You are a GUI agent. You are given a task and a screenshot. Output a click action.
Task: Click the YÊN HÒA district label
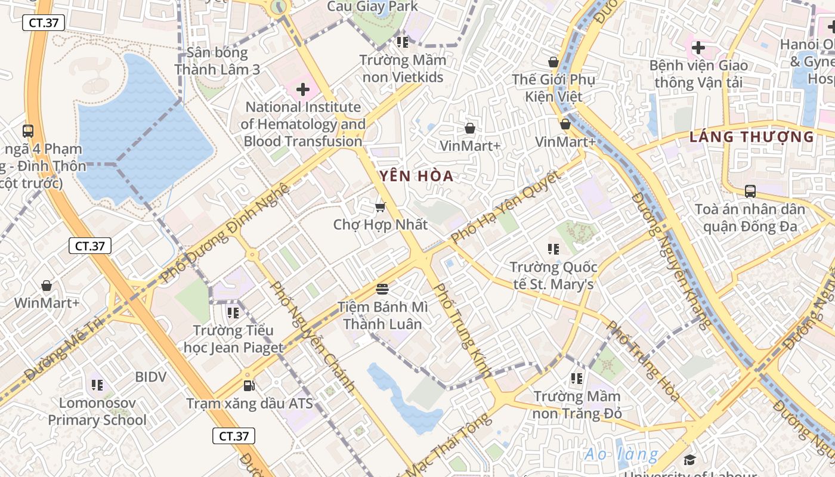coord(416,176)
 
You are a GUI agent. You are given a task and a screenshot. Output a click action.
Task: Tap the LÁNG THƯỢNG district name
coord(751,137)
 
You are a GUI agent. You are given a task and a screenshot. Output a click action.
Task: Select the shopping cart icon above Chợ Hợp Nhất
coord(380,207)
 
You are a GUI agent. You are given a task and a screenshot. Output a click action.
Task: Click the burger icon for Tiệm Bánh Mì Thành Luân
coord(382,289)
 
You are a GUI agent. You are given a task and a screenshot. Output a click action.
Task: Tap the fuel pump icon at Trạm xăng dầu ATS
coord(249,386)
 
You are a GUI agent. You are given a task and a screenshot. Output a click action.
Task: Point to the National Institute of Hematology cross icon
coord(303,90)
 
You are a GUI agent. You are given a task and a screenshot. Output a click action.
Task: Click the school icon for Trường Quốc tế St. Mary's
coord(553,249)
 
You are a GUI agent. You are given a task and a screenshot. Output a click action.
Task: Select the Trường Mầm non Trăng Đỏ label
coord(577,404)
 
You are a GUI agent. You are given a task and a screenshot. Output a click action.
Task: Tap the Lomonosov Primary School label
coord(97,411)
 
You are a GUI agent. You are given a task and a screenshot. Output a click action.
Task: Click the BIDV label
coord(150,377)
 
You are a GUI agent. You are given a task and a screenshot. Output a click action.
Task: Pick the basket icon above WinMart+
coord(47,286)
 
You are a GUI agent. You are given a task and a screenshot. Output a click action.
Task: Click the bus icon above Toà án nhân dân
coord(750,191)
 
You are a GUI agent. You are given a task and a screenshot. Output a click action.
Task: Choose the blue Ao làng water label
coord(621,454)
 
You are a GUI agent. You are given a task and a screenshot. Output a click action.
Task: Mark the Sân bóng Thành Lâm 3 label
coord(217,61)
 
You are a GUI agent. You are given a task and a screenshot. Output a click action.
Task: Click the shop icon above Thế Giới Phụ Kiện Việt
coord(553,61)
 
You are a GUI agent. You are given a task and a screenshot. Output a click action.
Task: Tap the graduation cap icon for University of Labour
coord(689,459)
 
